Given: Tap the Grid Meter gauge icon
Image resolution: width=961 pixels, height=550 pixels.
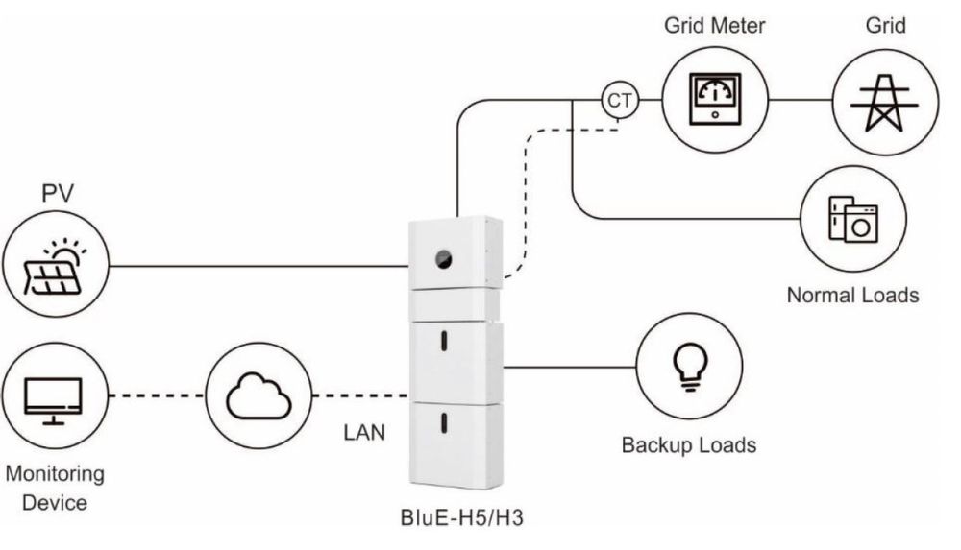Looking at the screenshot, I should pos(715,99).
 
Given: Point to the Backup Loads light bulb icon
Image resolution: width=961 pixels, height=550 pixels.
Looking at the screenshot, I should pos(688,366).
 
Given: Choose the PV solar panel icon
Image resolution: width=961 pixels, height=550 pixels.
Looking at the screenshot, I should pos(55,265).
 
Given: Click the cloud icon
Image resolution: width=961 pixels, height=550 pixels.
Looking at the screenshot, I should pos(258,395).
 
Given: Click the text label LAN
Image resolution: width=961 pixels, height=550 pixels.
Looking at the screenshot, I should pos(364,433).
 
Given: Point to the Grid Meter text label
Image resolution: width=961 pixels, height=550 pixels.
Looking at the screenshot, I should pos(715,25).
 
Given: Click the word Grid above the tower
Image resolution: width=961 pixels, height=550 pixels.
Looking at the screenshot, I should pos(884,25).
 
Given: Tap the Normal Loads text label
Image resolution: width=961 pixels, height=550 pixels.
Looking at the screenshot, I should pos(852,295).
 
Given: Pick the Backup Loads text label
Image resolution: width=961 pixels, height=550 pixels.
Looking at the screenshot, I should pos(688,445).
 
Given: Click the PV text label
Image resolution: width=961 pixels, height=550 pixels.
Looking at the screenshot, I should pos(57,196).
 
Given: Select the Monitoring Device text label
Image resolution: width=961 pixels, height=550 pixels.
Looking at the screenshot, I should pos(55,488).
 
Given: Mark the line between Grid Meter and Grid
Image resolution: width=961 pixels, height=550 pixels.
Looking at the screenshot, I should pos(800,99).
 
